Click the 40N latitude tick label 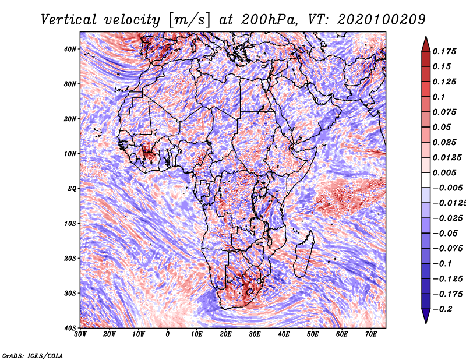point(70,49)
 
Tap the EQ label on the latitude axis point(72,189)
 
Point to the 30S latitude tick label point(70,293)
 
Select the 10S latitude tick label point(70,223)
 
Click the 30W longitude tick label point(80,334)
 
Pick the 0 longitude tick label point(168,334)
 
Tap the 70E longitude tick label point(371,334)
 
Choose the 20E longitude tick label point(225,334)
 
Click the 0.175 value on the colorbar point(444,51)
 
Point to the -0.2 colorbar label point(443,309)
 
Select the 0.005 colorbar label point(444,172)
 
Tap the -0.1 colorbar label point(442,264)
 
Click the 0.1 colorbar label point(439,97)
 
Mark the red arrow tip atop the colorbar point(426,37)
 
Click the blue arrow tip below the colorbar point(426,323)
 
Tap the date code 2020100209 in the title point(382,20)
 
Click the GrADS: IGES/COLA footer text point(33,356)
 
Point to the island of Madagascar point(304,253)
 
